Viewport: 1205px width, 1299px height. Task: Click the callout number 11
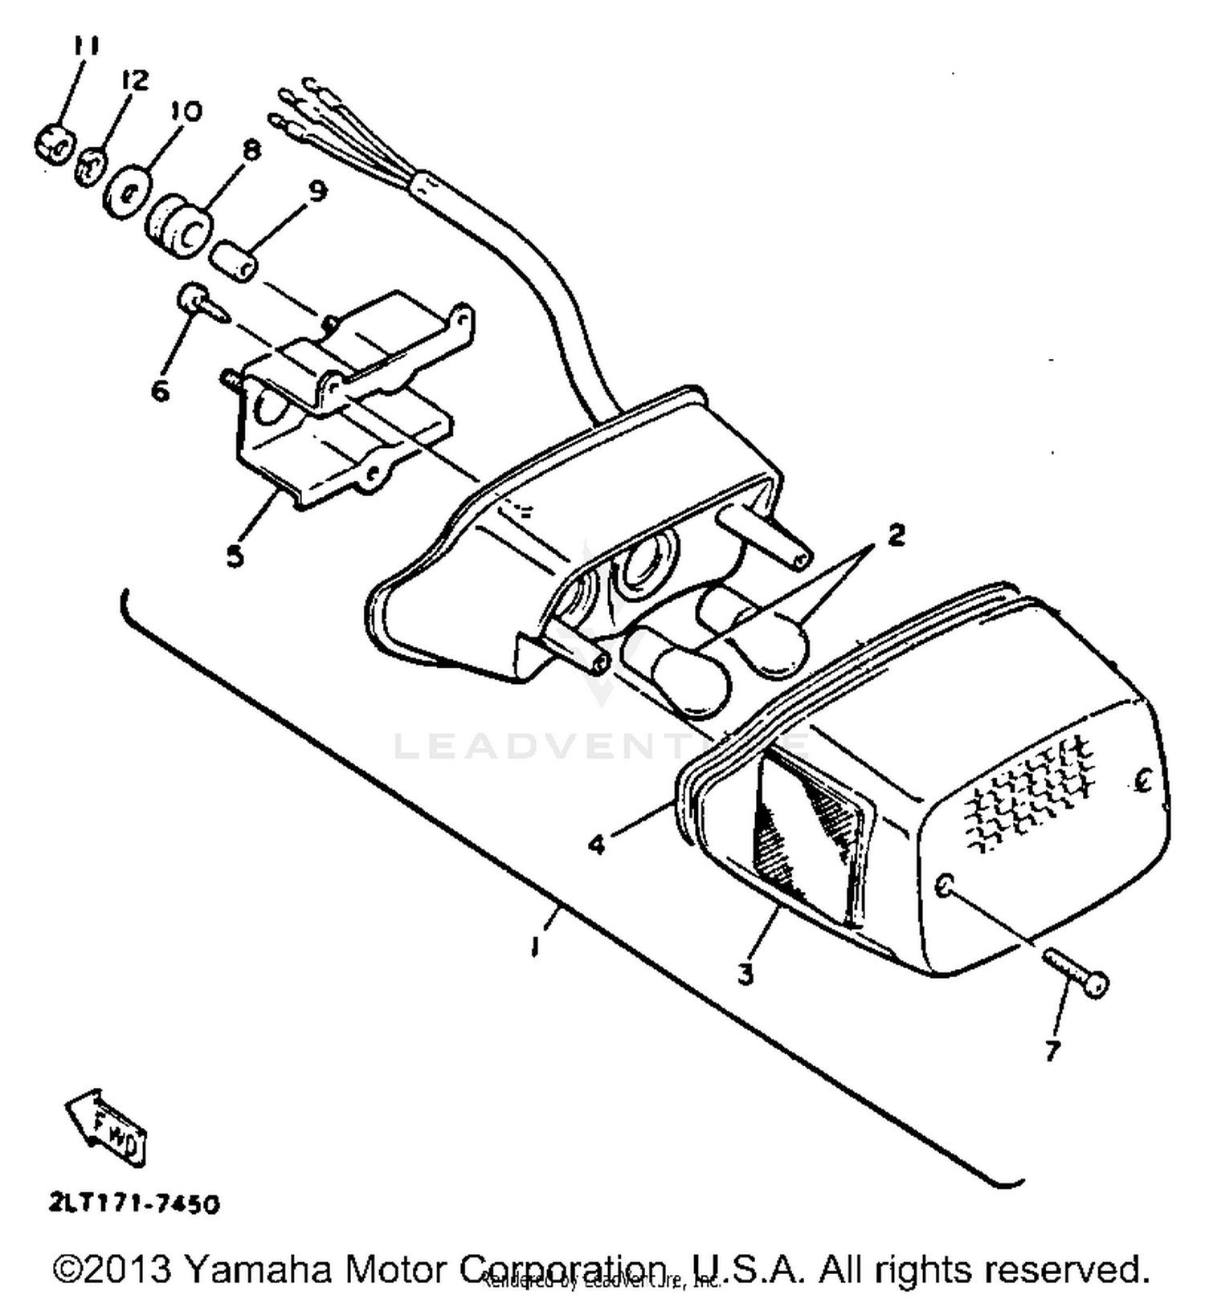[84, 45]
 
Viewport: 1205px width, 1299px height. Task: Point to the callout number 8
[251, 150]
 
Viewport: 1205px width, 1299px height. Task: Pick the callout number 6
[161, 391]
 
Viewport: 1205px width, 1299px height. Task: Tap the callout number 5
[234, 555]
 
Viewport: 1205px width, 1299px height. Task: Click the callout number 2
[895, 533]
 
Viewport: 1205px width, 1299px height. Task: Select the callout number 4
[596, 844]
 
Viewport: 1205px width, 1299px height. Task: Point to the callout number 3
[746, 975]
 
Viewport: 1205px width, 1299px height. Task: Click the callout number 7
[1052, 1049]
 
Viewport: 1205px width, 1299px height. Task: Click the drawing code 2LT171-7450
[133, 1204]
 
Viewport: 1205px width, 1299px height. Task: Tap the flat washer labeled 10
[128, 190]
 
